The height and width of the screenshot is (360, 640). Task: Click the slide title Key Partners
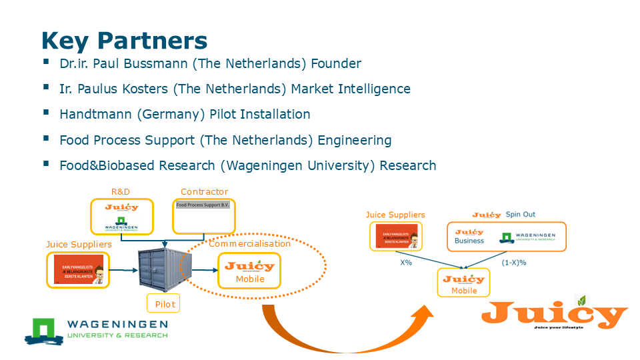pos(124,41)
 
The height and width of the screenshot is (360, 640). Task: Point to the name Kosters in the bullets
pos(131,89)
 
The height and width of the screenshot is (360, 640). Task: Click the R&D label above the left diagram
pos(121,192)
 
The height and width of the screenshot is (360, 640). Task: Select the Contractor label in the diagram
pos(204,192)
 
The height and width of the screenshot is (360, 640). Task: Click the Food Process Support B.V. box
pos(203,215)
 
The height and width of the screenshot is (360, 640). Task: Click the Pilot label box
pos(165,304)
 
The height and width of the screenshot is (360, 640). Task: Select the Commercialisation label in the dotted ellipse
pos(250,244)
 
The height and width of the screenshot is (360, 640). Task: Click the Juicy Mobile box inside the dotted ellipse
pos(250,269)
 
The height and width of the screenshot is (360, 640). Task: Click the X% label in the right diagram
pos(407,263)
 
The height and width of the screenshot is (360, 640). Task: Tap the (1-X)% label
pos(513,263)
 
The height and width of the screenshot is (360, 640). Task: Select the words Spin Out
pos(520,215)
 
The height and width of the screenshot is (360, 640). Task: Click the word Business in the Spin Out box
pos(469,241)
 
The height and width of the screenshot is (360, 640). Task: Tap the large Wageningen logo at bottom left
pos(97,329)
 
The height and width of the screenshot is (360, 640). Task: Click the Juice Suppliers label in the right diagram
pos(395,215)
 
